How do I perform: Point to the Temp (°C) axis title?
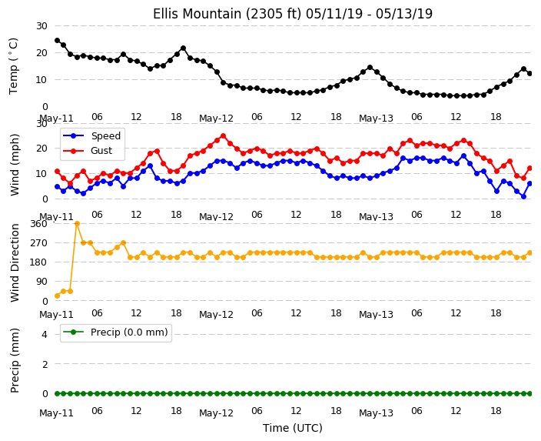point(14,66)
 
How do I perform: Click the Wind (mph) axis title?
point(15,165)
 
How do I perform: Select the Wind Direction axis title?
point(15,262)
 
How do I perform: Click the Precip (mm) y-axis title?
point(15,360)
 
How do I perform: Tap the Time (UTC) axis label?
point(293,428)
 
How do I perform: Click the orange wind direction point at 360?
point(77,224)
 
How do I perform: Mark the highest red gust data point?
point(223,135)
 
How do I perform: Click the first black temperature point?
point(58,41)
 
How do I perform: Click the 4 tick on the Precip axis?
point(45,334)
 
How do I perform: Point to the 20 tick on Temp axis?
point(41,53)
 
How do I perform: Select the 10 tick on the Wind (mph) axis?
point(41,174)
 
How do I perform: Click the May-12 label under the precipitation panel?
point(217,413)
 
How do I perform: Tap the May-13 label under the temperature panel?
point(376,119)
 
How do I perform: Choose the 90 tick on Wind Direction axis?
point(41,282)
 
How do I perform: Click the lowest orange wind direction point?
point(58,296)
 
